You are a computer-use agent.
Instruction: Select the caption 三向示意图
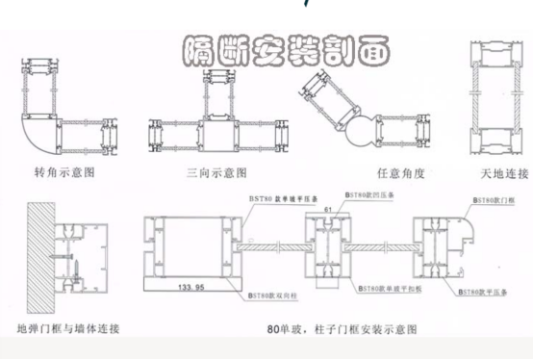[216, 173]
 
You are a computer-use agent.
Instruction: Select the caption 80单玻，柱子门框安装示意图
[343, 329]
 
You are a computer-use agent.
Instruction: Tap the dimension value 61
[329, 209]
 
